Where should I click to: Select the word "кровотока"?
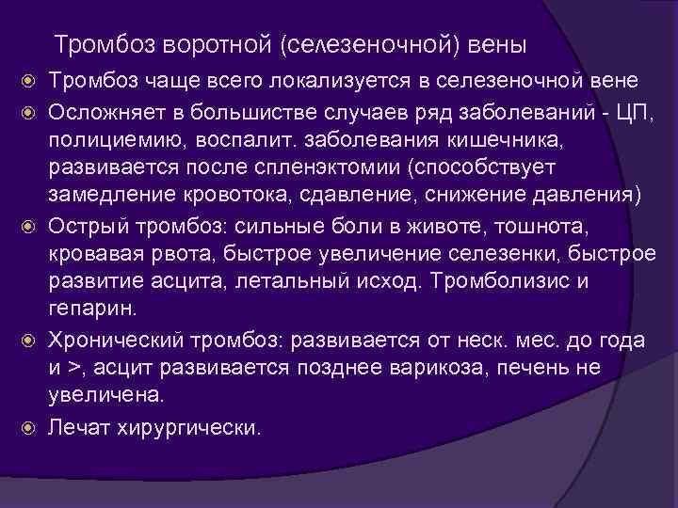pyautogui.click(x=238, y=195)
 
